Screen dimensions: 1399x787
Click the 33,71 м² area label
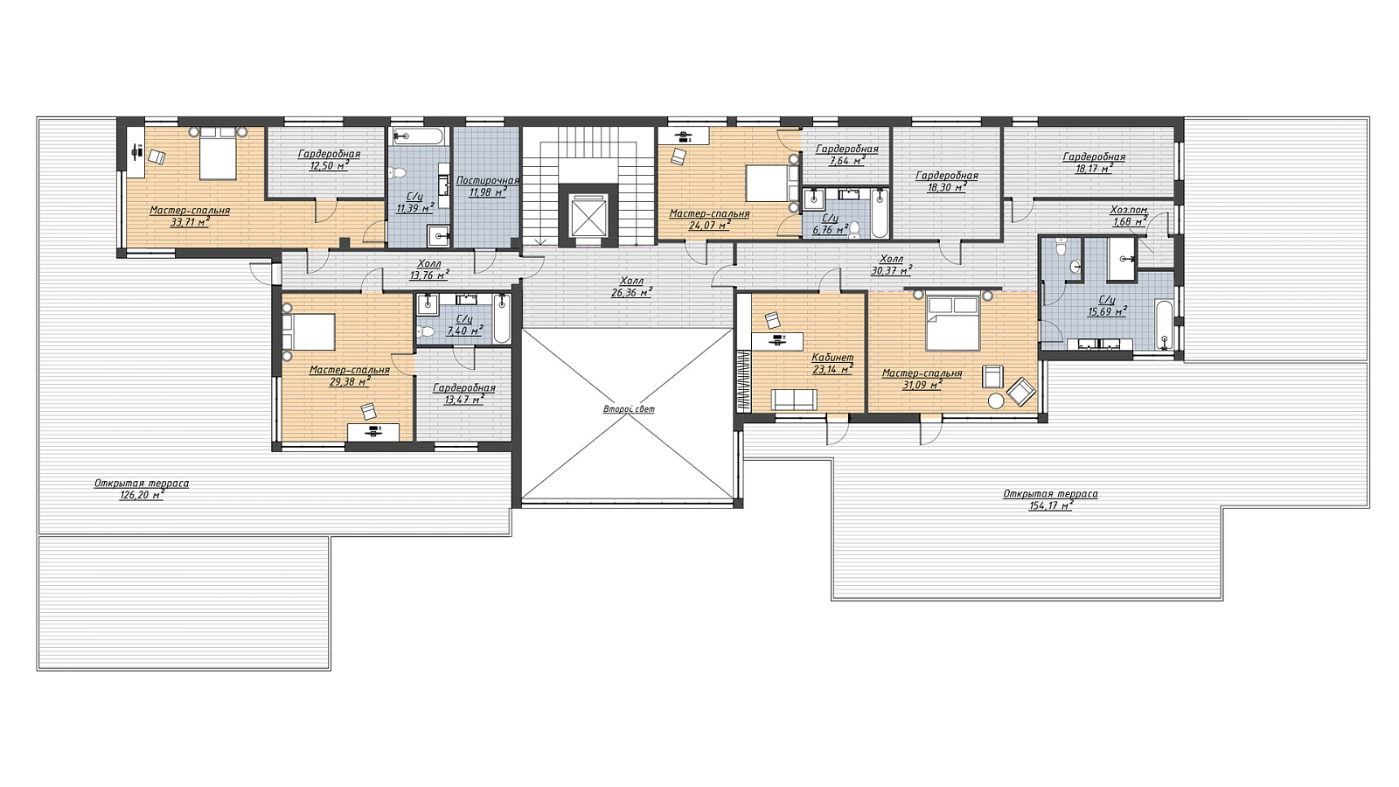pos(190,222)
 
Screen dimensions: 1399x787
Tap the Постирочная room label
pos(487,180)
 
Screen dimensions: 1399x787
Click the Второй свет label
pos(629,409)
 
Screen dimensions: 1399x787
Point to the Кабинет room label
pos(832,358)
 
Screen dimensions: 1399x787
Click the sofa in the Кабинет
pos(794,399)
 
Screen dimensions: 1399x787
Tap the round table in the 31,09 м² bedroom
pos(996,400)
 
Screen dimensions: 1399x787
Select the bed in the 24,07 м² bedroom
pos(769,183)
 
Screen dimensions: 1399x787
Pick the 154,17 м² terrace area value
pos(1050,506)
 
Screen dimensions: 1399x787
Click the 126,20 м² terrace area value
pos(142,495)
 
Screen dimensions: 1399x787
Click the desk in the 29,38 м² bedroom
pos(373,431)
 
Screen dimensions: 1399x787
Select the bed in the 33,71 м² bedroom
pos(218,155)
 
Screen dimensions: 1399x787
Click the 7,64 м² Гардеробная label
pos(847,155)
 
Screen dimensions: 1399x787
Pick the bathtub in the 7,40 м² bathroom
pos(502,319)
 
